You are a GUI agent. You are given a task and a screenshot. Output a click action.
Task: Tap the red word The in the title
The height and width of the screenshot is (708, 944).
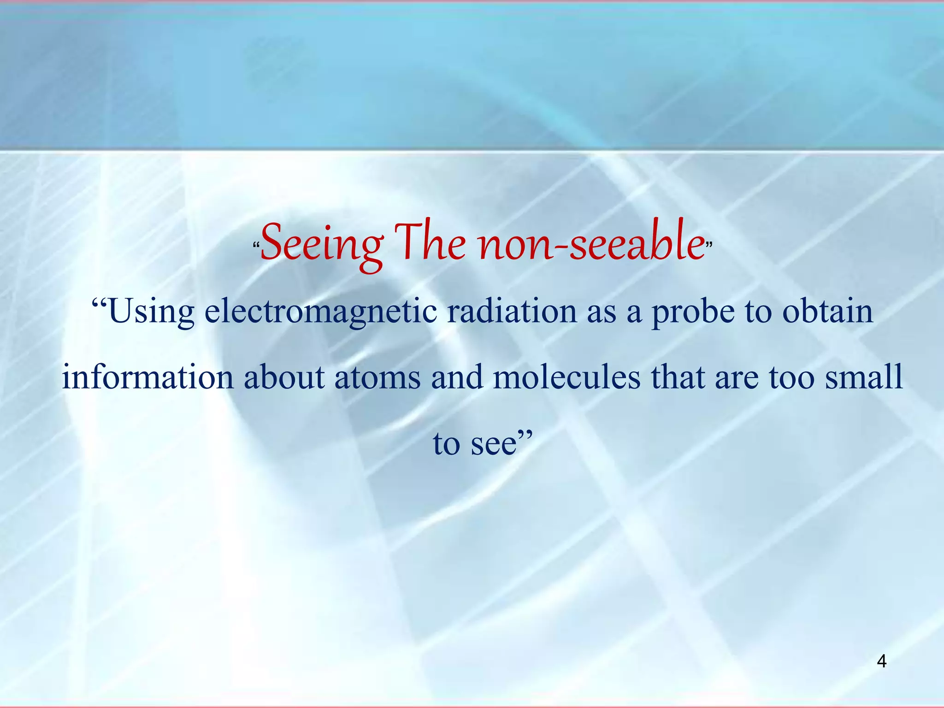point(430,243)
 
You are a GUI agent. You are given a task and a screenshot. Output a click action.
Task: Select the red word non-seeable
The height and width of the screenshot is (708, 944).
point(591,243)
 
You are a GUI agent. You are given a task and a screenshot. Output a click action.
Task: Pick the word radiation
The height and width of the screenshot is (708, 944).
point(512,312)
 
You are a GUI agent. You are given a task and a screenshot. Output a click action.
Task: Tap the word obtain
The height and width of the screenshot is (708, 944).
point(827,312)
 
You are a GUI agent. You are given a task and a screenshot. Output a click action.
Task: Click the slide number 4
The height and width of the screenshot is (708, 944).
point(881,662)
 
